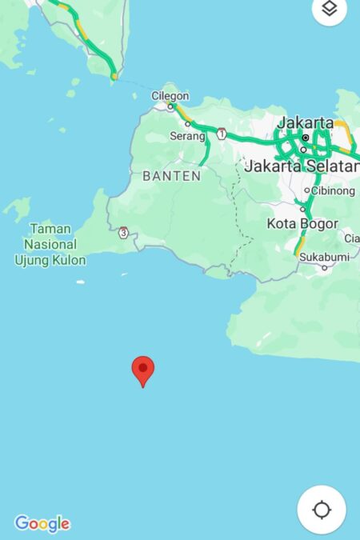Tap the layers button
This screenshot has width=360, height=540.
(x=329, y=9)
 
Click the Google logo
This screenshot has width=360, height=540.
(x=42, y=524)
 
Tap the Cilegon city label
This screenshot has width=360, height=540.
(x=170, y=96)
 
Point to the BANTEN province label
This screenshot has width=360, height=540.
(x=171, y=175)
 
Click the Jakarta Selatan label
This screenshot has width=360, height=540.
(x=302, y=166)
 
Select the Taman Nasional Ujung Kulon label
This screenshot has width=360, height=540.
(x=50, y=244)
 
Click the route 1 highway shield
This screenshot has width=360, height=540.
(x=222, y=133)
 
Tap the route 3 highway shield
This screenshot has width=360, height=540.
(x=122, y=233)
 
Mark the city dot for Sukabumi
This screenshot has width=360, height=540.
(x=324, y=268)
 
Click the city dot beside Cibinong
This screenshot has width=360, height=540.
(x=306, y=190)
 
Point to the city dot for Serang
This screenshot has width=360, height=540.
(x=188, y=124)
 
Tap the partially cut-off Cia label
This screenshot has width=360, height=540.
(x=351, y=238)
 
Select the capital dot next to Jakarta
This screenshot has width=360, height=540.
(x=305, y=138)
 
